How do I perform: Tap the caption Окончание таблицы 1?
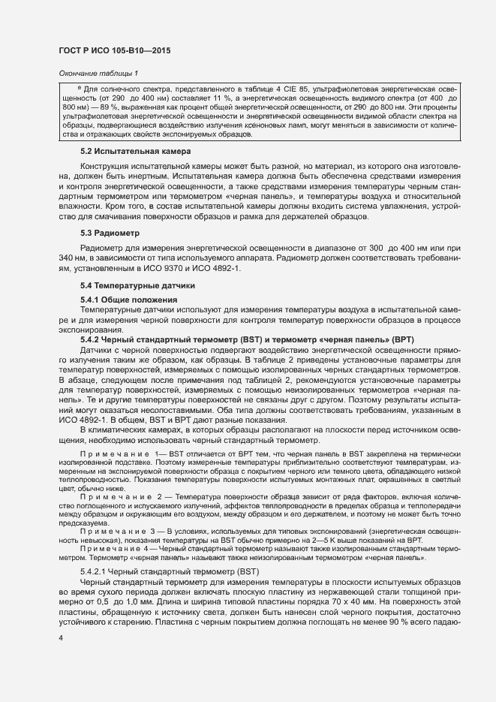pyautogui.click(x=98, y=74)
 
